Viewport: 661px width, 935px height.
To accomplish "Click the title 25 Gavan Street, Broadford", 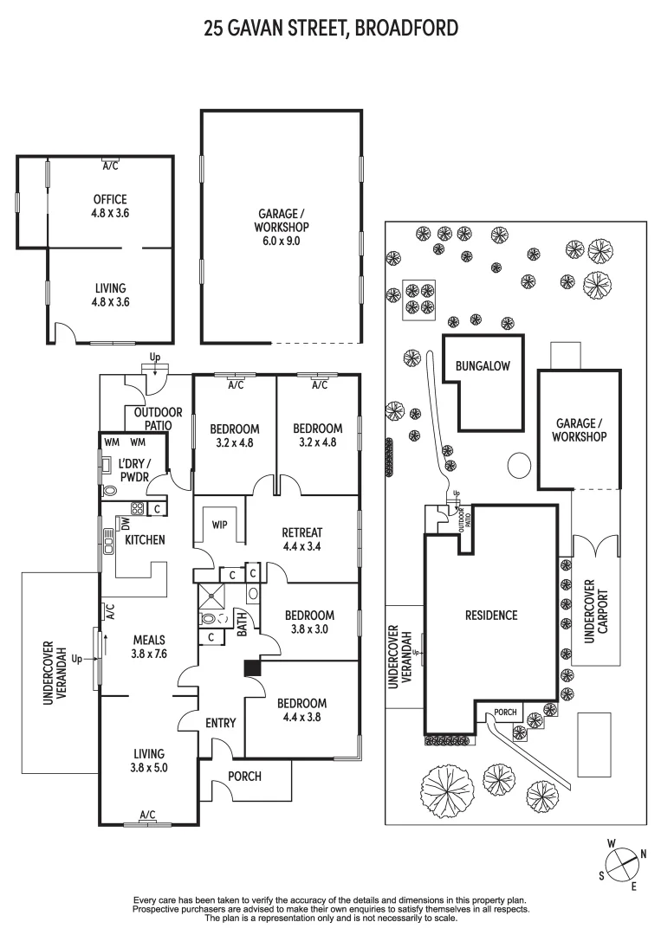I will tap(330, 29).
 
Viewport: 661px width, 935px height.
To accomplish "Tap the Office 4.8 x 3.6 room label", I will tap(110, 205).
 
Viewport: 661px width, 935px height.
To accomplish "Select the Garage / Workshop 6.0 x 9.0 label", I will tap(282, 228).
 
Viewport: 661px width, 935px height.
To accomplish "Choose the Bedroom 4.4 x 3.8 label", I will tap(301, 710).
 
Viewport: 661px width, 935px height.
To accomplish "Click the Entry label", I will tap(221, 723).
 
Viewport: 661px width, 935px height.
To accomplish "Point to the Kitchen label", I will tap(145, 539).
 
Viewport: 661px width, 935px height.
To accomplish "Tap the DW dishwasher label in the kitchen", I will tap(126, 523).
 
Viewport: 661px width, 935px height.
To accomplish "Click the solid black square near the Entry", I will tap(252, 667).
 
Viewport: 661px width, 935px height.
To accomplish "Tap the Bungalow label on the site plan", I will tap(483, 366).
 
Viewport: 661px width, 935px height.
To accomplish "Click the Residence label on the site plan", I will tap(491, 616).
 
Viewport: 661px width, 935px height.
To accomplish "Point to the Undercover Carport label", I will tap(597, 610).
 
